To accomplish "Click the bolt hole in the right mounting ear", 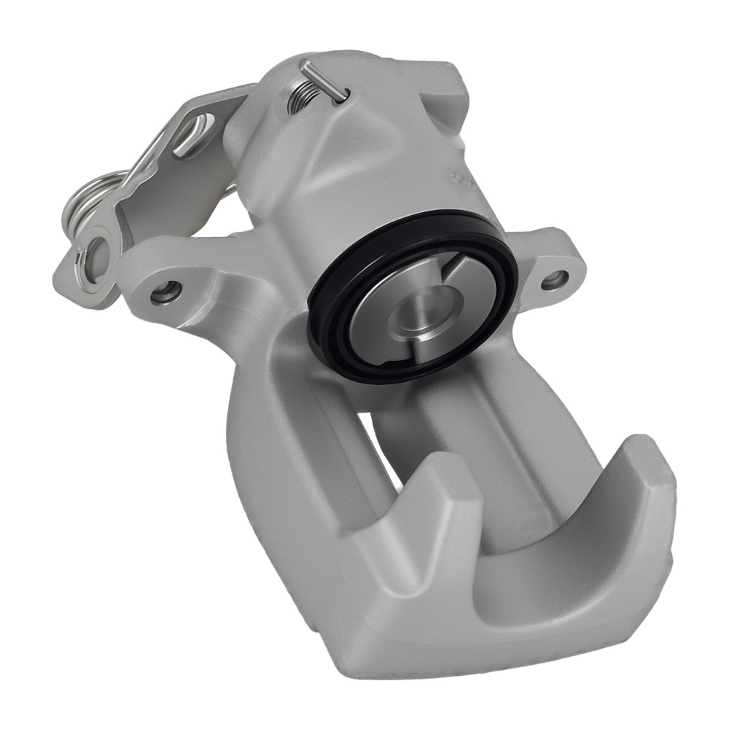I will tap(555, 277).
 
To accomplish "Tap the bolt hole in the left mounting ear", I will tap(165, 292).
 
